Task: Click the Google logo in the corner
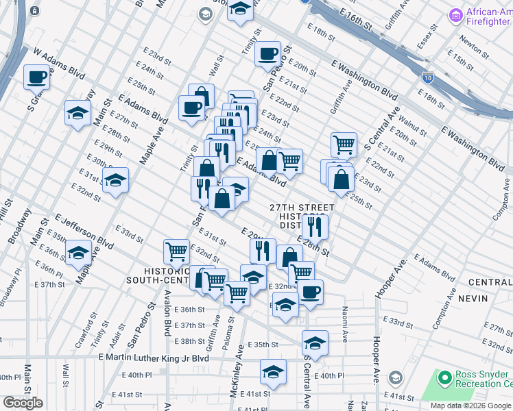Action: (x=23, y=403)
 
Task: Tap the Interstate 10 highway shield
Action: (x=428, y=77)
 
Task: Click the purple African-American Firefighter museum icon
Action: (x=455, y=14)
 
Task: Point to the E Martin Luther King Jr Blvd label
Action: (x=154, y=358)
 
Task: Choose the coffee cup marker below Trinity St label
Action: (x=267, y=53)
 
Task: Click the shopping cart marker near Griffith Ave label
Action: (x=344, y=145)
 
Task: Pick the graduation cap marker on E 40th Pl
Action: (x=273, y=372)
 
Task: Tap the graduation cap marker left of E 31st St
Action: (x=116, y=181)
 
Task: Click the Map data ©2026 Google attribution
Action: (x=471, y=406)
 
